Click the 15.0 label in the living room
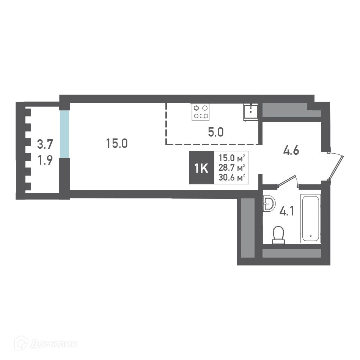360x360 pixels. point(116,143)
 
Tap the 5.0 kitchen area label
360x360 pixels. point(215,132)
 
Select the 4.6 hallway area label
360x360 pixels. point(291,151)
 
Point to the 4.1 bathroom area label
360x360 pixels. point(286,211)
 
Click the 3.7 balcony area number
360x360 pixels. point(45,144)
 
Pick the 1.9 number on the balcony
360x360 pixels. point(45,160)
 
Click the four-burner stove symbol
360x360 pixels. point(201,112)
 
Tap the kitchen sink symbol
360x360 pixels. point(250,112)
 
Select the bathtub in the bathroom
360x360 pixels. point(311,219)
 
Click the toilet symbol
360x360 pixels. point(278,235)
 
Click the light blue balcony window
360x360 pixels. point(64,134)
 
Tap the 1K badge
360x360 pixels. point(201,168)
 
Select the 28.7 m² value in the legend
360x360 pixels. point(231,168)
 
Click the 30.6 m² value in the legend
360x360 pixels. point(231,178)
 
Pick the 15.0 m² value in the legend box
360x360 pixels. point(231,158)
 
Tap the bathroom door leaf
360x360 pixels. point(286,181)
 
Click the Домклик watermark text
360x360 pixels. point(53,344)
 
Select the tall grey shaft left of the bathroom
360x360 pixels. point(248,228)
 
